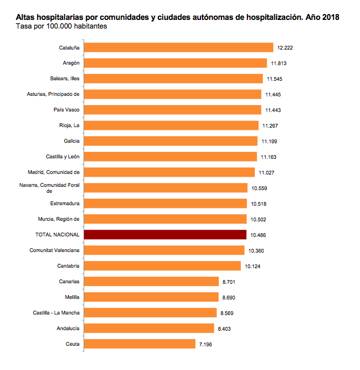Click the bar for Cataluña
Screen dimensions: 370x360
(x=179, y=47)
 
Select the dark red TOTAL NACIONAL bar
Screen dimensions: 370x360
(x=165, y=235)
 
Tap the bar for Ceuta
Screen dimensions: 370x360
(x=140, y=344)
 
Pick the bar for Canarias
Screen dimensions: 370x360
(x=151, y=281)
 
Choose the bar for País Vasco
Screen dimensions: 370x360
(x=172, y=110)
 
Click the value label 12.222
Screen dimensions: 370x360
(x=285, y=48)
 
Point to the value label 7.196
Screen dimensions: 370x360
(x=206, y=344)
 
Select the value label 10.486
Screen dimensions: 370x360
(x=258, y=235)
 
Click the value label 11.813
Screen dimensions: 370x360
(x=278, y=64)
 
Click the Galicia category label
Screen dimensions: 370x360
(x=71, y=141)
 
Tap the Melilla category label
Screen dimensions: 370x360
(x=71, y=297)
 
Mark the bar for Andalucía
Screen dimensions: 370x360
(x=149, y=328)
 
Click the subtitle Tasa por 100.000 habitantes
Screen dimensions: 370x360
(x=60, y=26)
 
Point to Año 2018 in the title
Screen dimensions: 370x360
(x=321, y=17)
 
